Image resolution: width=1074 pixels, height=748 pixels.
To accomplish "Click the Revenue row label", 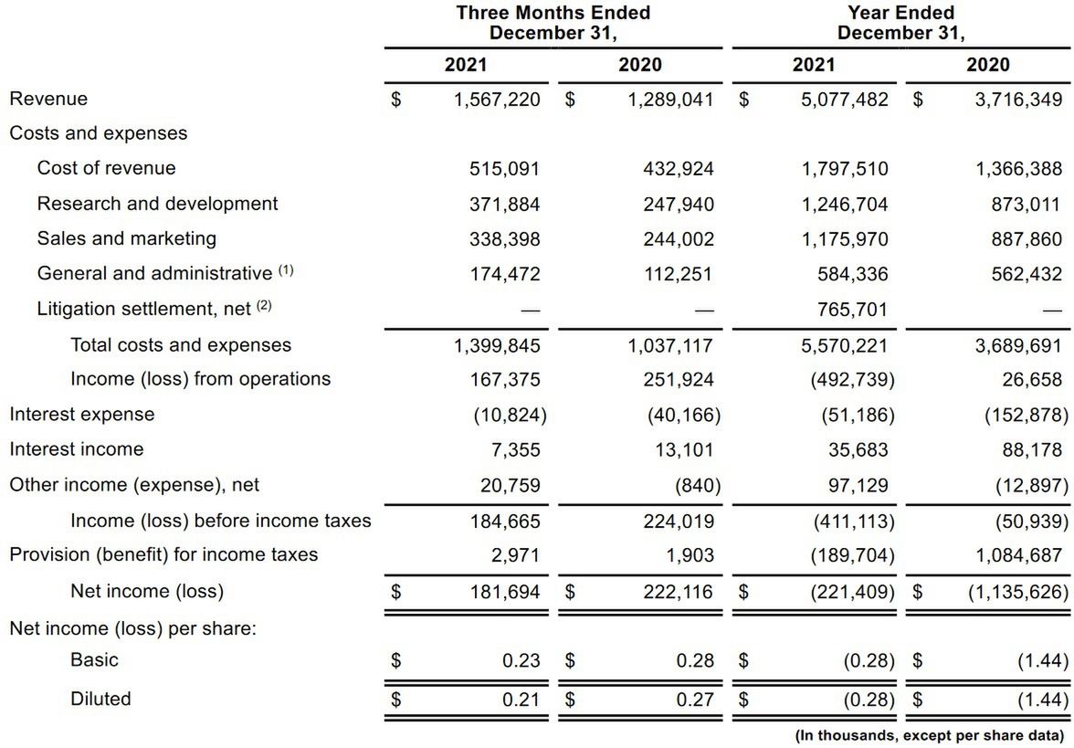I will click(x=48, y=99).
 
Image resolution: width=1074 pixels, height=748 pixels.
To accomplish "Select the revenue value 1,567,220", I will click(x=497, y=100).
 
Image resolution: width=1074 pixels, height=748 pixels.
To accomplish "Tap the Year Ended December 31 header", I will click(x=900, y=23).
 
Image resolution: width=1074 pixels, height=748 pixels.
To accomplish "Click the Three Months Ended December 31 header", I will click(x=553, y=23).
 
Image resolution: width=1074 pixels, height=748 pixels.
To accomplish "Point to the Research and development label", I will click(x=157, y=204).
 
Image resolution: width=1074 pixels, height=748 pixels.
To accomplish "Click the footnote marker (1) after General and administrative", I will click(x=287, y=271).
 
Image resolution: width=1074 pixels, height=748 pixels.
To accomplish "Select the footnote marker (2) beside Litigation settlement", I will click(x=264, y=306).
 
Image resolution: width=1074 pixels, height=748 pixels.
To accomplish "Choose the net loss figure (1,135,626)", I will click(x=1017, y=591).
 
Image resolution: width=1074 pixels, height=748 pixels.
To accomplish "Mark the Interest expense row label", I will click(x=82, y=415).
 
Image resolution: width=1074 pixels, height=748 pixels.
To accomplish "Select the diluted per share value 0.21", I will click(x=521, y=701).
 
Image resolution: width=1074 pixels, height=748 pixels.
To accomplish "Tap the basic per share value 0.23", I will click(x=521, y=660).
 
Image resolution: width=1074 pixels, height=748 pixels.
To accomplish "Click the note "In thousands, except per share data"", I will click(x=929, y=734).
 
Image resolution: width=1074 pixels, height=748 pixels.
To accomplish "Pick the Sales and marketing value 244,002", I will click(x=679, y=239).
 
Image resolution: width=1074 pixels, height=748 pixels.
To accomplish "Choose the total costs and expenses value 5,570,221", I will click(x=845, y=345).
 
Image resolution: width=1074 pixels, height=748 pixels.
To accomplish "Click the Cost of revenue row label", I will click(x=106, y=168).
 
